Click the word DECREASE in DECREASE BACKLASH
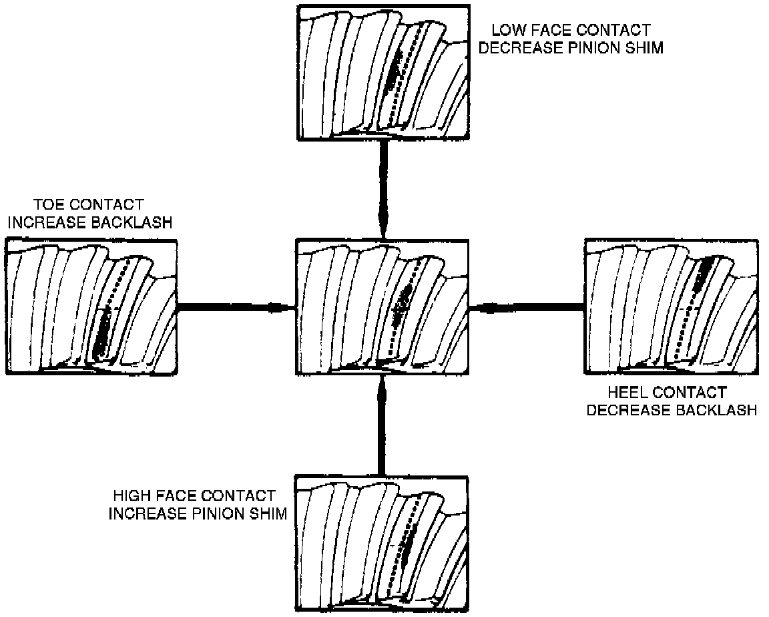tap(629, 410)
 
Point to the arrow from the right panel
tap(527, 308)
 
